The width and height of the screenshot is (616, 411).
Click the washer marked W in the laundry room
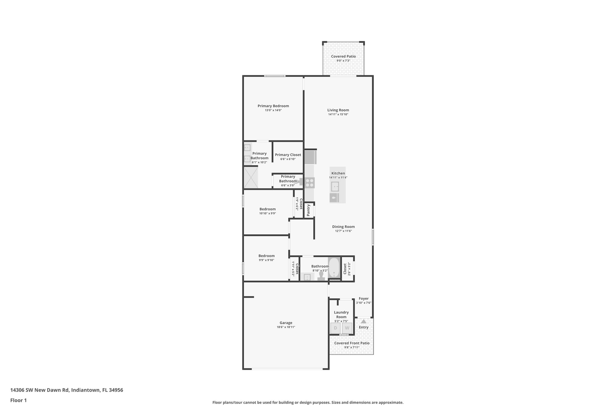[347, 328]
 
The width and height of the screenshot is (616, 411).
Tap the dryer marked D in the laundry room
[335, 328]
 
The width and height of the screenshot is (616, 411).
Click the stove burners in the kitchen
[310, 183]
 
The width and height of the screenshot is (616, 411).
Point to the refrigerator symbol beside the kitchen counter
[310, 157]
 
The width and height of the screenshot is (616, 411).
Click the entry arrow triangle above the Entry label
[364, 321]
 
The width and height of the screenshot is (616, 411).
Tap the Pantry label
[308, 210]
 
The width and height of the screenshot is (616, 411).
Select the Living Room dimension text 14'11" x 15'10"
[338, 114]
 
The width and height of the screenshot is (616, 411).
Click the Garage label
[286, 323]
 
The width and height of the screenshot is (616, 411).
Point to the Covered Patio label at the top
[343, 56]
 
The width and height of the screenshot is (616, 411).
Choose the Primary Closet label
[288, 155]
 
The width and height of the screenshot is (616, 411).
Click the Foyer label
[364, 299]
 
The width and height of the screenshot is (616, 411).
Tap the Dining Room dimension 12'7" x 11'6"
[343, 231]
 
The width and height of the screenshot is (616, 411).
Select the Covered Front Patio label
[352, 343]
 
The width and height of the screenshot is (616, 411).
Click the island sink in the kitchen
[335, 187]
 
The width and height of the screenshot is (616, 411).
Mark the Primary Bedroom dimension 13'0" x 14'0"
[273, 110]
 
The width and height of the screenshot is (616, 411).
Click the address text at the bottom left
[66, 390]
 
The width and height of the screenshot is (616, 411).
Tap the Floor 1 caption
[18, 400]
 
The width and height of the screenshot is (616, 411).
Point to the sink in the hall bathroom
[307, 277]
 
